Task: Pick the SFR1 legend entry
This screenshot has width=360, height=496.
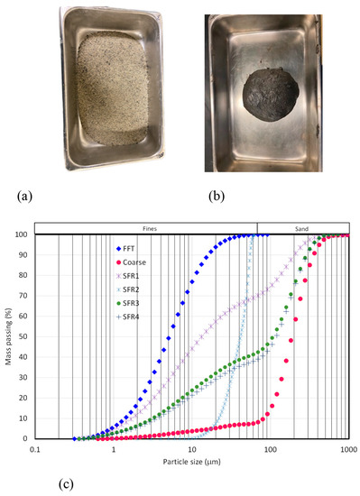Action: pos(135,275)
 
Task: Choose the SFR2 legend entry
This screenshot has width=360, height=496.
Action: pos(135,289)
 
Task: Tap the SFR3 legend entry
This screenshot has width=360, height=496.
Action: pos(135,302)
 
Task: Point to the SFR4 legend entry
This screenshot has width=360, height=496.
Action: pos(135,316)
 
